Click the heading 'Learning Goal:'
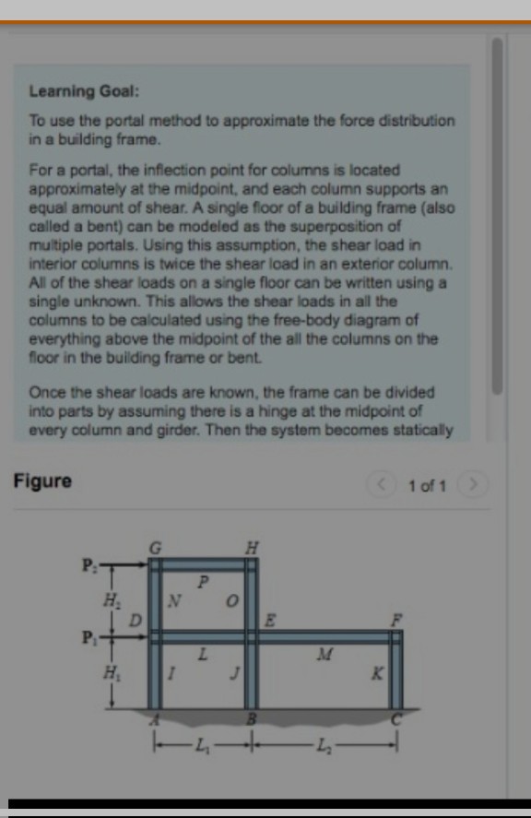(x=84, y=91)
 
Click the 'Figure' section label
(x=42, y=480)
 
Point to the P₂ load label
(x=88, y=563)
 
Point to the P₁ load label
(x=88, y=636)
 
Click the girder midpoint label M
(x=322, y=655)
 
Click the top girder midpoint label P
(x=205, y=582)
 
